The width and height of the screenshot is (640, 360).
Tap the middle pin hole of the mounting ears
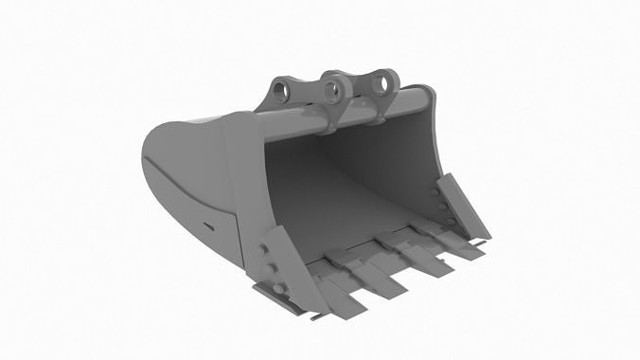click(332, 92)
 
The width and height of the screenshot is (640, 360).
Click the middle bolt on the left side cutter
click(271, 268)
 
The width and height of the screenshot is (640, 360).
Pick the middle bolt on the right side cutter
click(441, 207)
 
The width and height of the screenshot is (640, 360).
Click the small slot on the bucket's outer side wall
click(207, 225)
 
